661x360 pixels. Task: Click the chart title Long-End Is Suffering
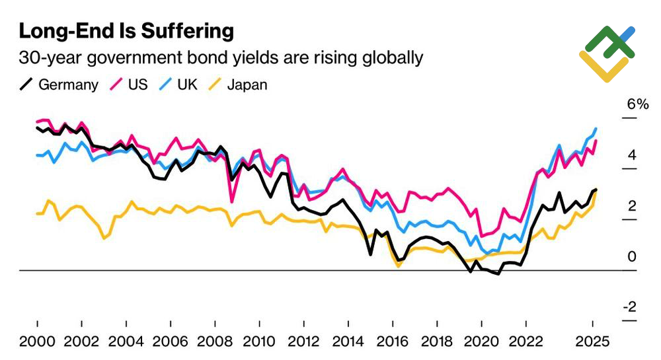tap(126, 31)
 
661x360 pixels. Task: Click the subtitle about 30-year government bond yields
tap(221, 58)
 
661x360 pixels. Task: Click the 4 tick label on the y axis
tap(632, 156)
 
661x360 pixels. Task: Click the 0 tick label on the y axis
tap(632, 257)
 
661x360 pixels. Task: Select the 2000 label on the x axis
tap(37, 343)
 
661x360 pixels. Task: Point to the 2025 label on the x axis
tap(592, 343)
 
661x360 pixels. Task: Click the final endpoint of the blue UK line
tap(596, 129)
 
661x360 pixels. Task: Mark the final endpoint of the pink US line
tap(596, 141)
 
